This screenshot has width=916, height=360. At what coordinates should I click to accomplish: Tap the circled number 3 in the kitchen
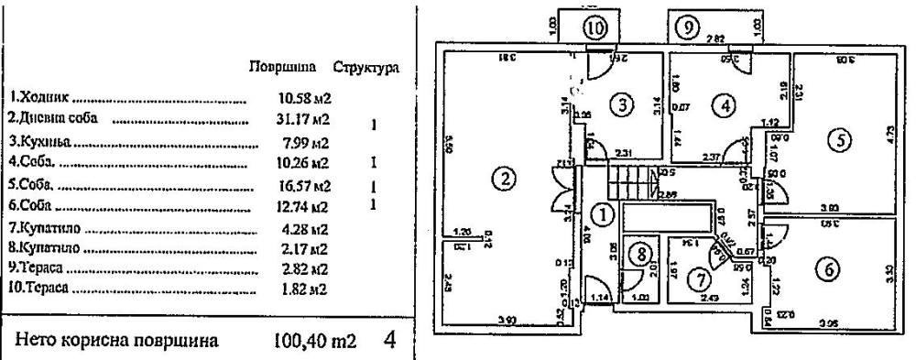coord(624,104)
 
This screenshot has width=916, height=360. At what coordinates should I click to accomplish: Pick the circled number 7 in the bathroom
coord(700,276)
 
